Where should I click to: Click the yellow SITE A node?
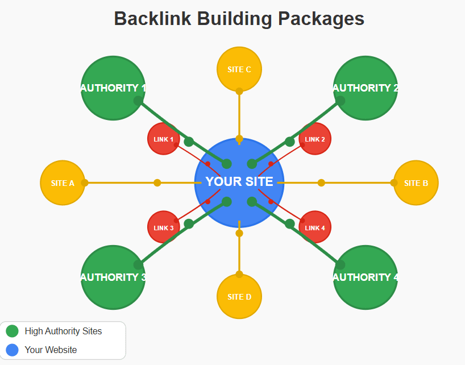point(63,183)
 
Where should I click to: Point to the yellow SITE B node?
point(416,183)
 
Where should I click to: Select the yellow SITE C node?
point(239,69)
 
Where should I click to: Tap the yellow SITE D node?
point(239,296)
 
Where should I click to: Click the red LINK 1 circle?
point(164,139)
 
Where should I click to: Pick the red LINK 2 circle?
point(315,139)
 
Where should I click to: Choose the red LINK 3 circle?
point(164,227)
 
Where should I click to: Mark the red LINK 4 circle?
point(315,227)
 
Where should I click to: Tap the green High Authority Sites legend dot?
point(12,331)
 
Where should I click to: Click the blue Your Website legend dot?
point(12,350)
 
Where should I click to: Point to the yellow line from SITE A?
point(122,183)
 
